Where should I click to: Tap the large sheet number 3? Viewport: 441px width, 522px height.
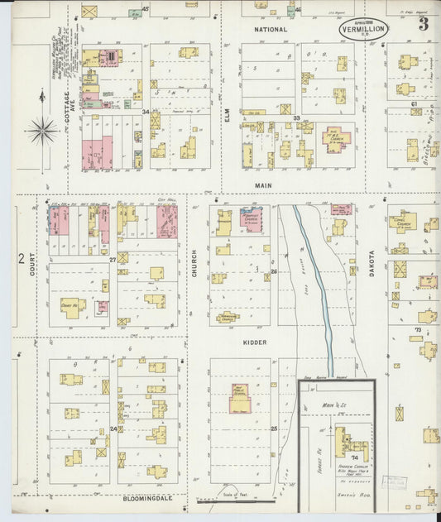click(x=423, y=24)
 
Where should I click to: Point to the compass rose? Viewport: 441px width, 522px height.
click(x=41, y=129)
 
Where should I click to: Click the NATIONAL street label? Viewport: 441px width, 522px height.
click(x=271, y=30)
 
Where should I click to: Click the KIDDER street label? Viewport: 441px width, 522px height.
click(x=253, y=341)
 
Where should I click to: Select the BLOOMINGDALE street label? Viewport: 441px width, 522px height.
click(x=136, y=500)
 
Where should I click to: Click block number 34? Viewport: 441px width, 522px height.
click(x=146, y=112)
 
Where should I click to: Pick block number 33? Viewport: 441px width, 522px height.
click(x=295, y=118)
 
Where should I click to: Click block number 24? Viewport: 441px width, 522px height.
click(x=113, y=429)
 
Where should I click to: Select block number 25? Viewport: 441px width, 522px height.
click(x=273, y=429)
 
